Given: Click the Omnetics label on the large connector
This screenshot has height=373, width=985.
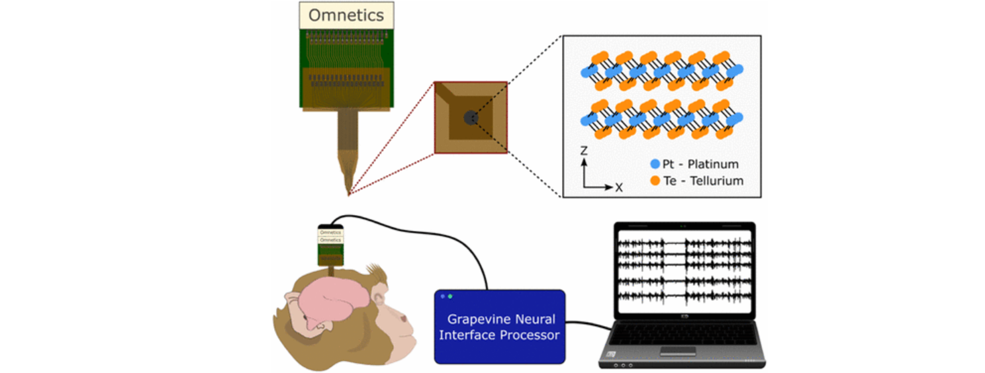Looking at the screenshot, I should pos(346,14).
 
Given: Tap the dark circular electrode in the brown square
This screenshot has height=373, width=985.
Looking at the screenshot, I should pos(470,118).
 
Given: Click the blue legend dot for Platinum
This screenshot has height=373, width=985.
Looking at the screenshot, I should pos(655,164).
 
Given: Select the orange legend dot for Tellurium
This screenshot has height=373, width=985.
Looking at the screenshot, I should pos(655,180).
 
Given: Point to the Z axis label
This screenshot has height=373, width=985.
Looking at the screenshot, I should pos(583,151).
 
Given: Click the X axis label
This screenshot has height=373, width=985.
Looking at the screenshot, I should pos(619,187).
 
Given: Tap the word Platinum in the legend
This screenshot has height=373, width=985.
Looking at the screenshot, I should pos(714,164).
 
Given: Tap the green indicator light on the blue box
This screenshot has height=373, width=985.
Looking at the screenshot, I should pos(450,296).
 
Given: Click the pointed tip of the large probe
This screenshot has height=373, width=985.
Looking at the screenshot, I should pos(349,193).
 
